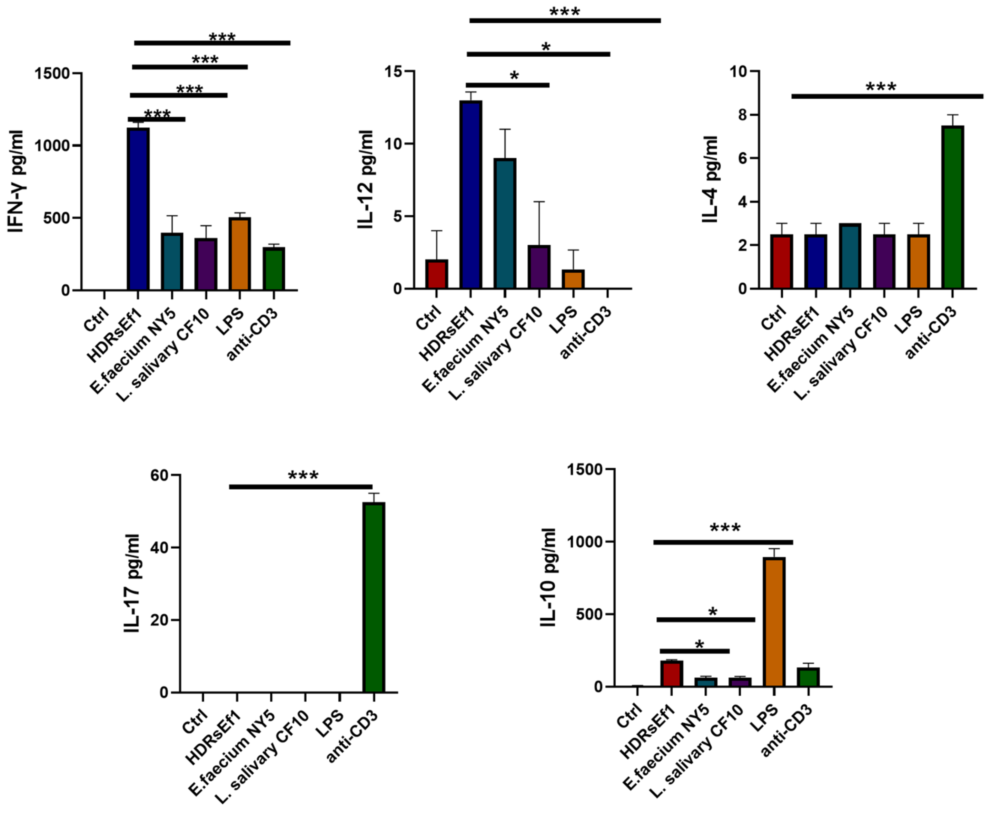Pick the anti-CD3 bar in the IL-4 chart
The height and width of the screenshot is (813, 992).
click(x=952, y=207)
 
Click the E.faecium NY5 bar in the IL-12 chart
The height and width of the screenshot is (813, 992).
click(x=505, y=223)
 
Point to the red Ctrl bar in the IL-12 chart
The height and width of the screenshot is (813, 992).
click(x=436, y=274)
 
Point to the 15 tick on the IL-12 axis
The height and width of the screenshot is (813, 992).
click(x=394, y=71)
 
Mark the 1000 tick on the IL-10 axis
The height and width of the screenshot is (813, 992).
click(x=585, y=542)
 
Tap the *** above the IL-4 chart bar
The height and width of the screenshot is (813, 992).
click(x=881, y=88)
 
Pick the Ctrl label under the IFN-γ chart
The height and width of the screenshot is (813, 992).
click(x=96, y=319)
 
